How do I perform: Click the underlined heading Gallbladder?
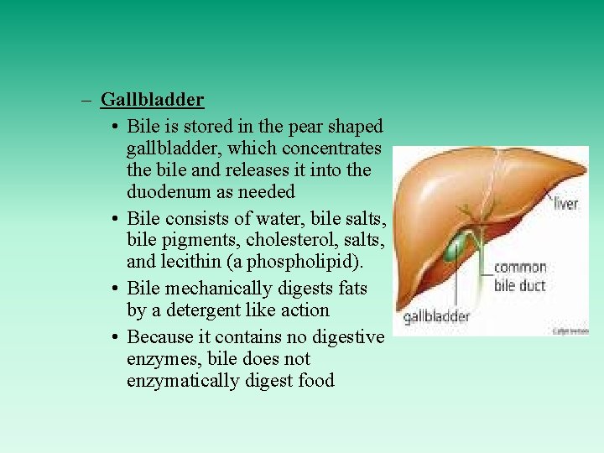(152, 100)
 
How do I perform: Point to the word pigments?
(199, 241)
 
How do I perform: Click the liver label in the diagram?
(566, 204)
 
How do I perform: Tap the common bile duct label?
(519, 277)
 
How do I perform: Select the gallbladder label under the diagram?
(436, 317)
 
